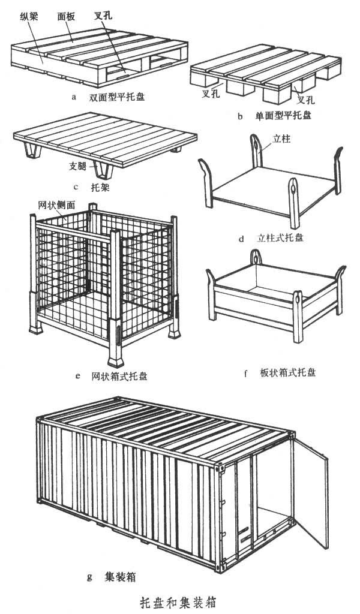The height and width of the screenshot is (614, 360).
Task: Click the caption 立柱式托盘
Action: click(280, 238)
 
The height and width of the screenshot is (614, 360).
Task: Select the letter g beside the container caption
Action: click(89, 578)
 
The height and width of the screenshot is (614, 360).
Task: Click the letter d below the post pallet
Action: click(241, 239)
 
